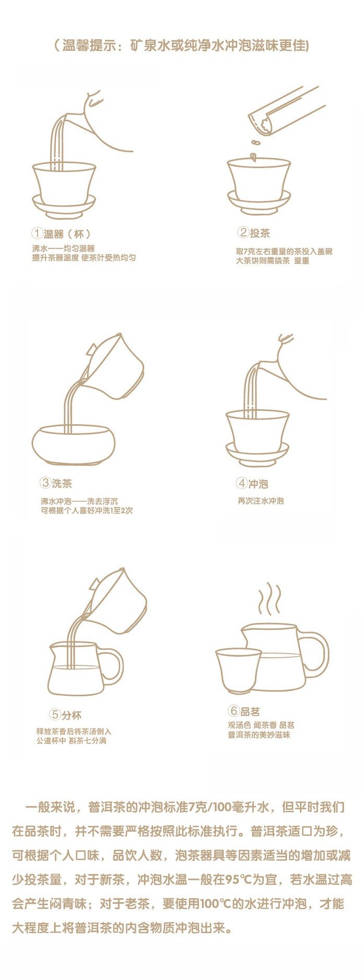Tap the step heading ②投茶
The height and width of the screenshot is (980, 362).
254,233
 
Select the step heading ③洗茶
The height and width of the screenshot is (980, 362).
56,483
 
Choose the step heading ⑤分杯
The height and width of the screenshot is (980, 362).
66,714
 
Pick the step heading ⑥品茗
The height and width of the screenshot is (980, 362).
244,711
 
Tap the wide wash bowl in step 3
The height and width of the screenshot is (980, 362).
73,444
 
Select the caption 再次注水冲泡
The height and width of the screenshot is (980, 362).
261,501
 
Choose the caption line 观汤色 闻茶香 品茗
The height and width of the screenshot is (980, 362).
261,725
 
